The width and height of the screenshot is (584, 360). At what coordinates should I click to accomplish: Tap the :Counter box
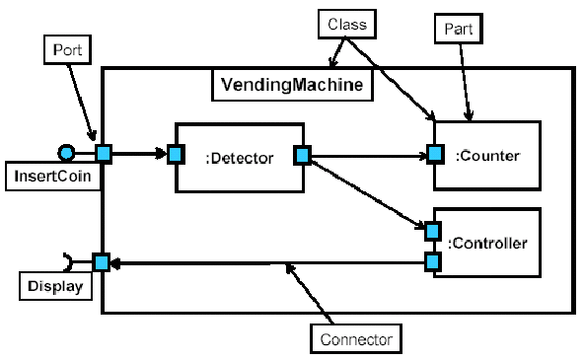[487, 156]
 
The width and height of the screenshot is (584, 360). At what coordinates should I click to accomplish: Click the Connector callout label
[357, 340]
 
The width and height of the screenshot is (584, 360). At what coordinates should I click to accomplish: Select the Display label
[51, 287]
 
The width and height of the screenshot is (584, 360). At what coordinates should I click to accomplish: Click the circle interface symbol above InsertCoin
[66, 152]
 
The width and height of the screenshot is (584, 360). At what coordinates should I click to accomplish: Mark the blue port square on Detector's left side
[176, 154]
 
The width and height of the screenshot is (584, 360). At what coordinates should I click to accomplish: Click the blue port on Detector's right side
[303, 154]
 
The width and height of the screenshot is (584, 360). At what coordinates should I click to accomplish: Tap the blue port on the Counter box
[433, 154]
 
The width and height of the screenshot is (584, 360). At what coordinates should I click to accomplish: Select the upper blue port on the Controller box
[432, 231]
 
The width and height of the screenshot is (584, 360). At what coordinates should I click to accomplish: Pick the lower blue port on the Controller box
[432, 262]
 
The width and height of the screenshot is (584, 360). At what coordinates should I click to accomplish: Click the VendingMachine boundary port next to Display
[101, 262]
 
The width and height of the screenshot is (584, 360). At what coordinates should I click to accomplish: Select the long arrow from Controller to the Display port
[266, 263]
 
